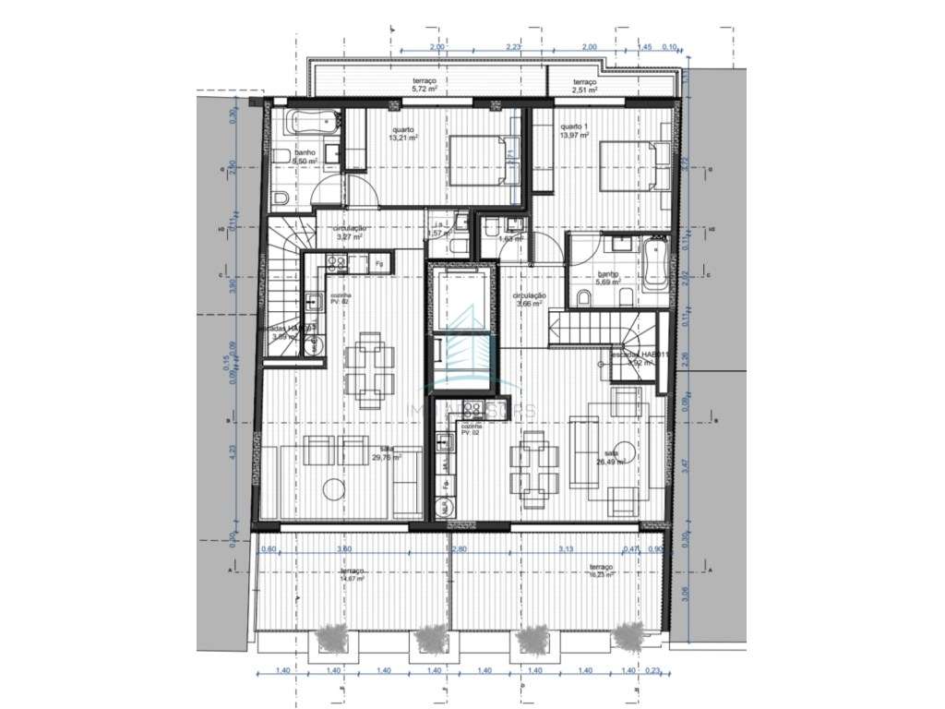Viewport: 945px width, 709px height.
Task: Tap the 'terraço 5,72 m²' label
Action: pyautogui.click(x=425, y=86)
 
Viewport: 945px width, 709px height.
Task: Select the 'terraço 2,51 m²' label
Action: pyautogui.click(x=584, y=86)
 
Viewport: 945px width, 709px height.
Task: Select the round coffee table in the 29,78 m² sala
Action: pyautogui.click(x=334, y=487)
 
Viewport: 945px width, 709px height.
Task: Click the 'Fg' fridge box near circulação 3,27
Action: pyautogui.click(x=378, y=264)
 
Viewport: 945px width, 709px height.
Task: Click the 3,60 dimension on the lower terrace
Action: pyautogui.click(x=345, y=549)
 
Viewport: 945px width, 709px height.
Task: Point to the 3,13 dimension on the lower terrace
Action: pyautogui.click(x=566, y=549)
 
